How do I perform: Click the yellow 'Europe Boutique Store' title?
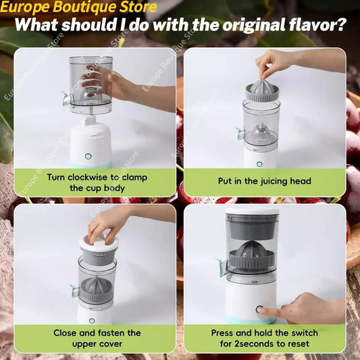click(79, 8)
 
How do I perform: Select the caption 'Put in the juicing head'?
click(264, 181)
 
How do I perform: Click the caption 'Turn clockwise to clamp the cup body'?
click(97, 182)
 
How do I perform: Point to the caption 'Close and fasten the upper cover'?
click(97, 338)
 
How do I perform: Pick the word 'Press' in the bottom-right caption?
click(223, 333)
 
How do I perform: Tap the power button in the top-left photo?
click(88, 156)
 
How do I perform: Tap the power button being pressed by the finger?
click(259, 310)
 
